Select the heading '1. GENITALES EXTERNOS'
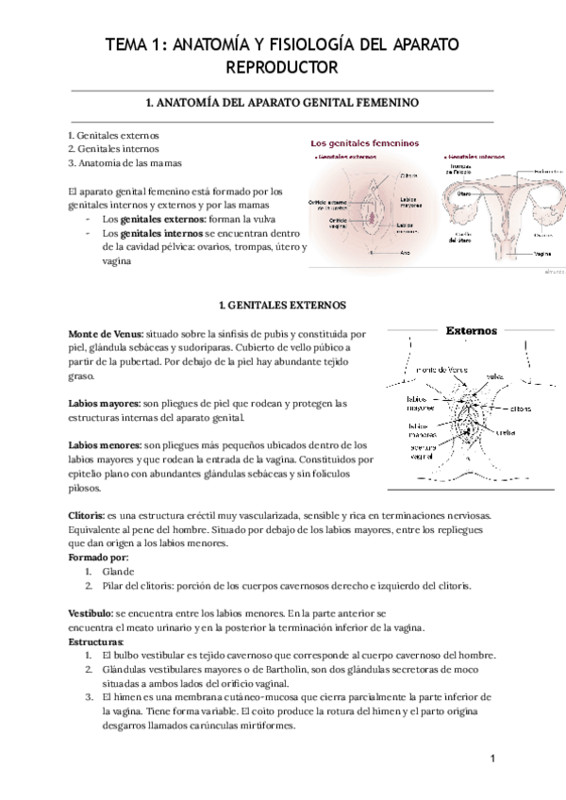(282, 306)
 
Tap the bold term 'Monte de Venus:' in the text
(105, 334)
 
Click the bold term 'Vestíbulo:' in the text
(91, 613)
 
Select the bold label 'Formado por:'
(98, 558)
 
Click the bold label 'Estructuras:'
(96, 642)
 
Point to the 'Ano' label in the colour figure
(405, 252)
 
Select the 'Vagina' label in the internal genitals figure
(543, 253)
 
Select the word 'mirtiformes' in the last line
(265, 725)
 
